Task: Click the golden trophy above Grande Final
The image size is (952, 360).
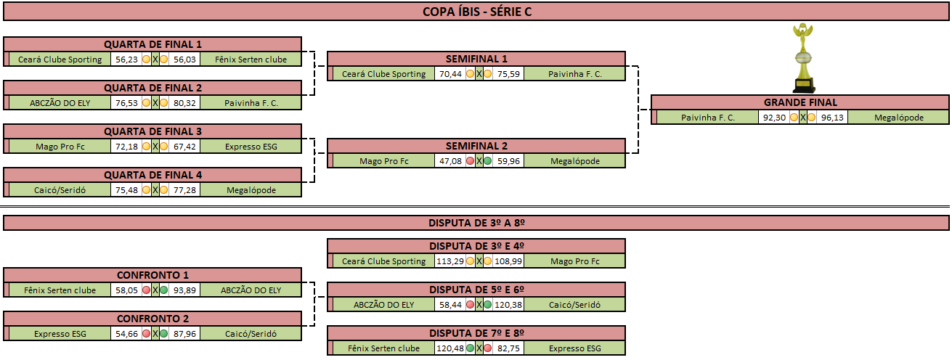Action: (x=803, y=58)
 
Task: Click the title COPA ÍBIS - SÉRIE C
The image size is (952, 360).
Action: (x=477, y=12)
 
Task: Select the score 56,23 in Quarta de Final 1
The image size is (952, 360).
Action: (x=126, y=60)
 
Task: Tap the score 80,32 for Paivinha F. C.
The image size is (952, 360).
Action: (x=184, y=103)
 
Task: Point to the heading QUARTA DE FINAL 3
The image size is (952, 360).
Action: (x=152, y=131)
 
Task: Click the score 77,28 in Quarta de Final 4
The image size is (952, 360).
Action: (x=184, y=190)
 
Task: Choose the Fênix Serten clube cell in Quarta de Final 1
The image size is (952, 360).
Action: (x=251, y=60)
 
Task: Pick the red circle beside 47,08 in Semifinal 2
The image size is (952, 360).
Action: (x=470, y=161)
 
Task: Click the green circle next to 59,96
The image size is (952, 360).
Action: (x=488, y=161)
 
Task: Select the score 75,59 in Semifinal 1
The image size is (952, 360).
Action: (x=508, y=74)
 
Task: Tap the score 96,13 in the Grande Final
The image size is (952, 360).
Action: (x=832, y=118)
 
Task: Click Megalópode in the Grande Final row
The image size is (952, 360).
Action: (x=898, y=118)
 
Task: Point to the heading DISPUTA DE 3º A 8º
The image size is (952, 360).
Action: (x=476, y=223)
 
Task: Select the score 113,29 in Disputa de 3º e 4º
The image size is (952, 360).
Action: (x=450, y=261)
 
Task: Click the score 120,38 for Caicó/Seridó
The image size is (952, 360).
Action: (x=508, y=305)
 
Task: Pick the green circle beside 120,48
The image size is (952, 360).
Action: (x=470, y=348)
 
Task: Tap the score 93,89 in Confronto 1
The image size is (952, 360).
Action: (x=184, y=290)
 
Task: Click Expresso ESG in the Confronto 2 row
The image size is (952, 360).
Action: (x=60, y=334)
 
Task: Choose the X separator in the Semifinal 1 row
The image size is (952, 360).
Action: (x=479, y=74)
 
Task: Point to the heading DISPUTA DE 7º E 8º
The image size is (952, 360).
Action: (x=476, y=333)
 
